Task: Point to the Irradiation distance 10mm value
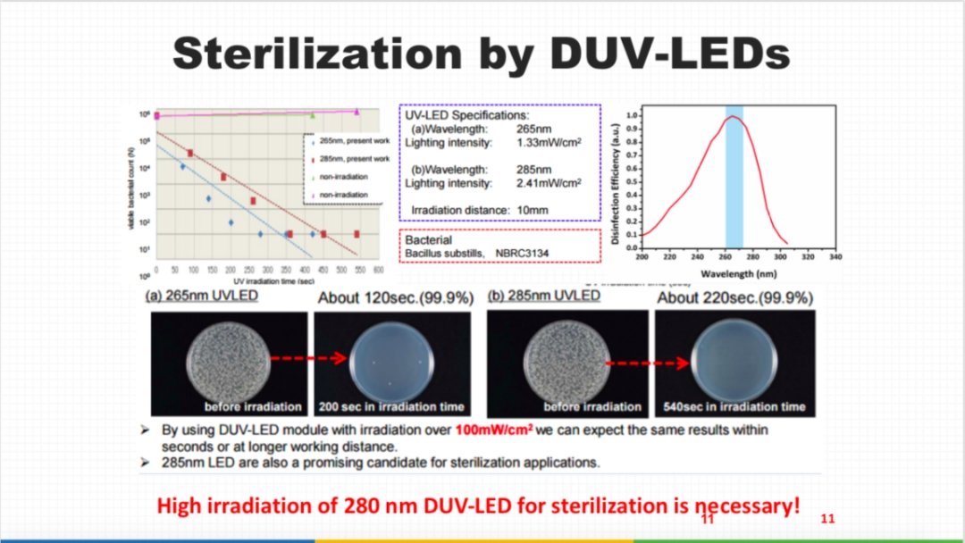tap(526, 209)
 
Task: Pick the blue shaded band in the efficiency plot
tap(734, 179)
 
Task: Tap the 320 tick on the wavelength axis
tap(808, 256)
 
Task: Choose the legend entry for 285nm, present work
tap(354, 158)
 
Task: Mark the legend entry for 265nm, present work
tap(354, 141)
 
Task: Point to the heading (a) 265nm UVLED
tap(202, 296)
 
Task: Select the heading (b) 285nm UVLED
tap(544, 296)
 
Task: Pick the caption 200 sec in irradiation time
tap(391, 406)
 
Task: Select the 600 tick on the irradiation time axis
tap(378, 269)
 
